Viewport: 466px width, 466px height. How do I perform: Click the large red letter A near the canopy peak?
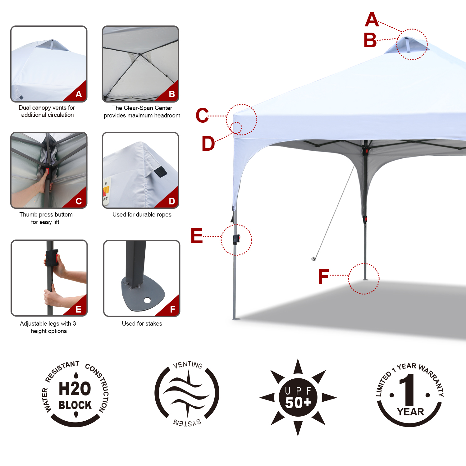click(372, 20)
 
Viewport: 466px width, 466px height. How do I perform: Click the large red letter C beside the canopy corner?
click(202, 115)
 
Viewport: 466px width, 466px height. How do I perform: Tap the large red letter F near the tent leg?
click(323, 276)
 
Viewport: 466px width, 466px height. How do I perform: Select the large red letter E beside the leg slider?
click(197, 235)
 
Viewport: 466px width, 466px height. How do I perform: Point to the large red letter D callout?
click(208, 144)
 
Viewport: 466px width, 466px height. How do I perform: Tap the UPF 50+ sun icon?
click(298, 397)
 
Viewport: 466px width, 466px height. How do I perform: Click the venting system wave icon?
click(187, 393)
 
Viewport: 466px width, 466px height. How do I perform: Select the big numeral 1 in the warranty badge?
click(409, 390)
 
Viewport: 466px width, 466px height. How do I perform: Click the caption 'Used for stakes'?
click(142, 324)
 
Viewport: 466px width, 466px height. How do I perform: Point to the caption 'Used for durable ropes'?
click(142, 215)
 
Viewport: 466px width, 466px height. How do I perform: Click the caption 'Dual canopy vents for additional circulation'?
click(47, 111)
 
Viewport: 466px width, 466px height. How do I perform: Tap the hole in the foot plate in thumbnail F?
click(147, 300)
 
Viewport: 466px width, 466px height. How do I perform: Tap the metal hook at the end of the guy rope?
click(313, 258)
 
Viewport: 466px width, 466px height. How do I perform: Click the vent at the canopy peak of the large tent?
click(407, 44)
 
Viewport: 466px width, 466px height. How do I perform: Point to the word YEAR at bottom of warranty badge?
click(410, 412)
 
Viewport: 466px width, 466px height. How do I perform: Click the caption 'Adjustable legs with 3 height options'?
click(48, 327)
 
